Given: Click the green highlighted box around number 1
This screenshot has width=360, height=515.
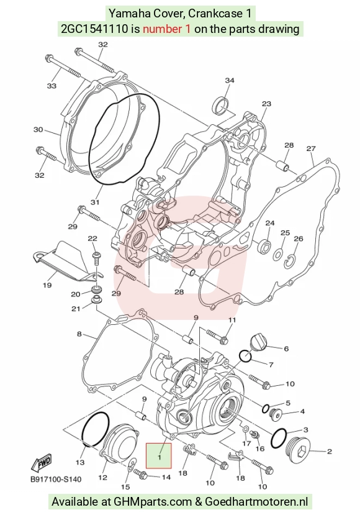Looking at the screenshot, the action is [159, 455].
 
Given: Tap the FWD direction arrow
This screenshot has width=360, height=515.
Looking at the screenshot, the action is [41, 463].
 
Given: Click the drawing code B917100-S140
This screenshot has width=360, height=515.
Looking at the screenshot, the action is [56, 480].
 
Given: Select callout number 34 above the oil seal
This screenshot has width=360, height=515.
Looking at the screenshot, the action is [230, 81].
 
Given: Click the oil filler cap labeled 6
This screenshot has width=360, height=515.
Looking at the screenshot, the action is [259, 344].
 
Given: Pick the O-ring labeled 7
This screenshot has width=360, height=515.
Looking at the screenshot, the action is [245, 356].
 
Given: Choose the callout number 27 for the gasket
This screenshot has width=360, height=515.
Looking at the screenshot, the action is [311, 148].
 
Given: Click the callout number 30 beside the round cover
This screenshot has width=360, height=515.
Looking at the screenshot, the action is [38, 130].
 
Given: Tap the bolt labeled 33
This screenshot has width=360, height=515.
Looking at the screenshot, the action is [63, 67].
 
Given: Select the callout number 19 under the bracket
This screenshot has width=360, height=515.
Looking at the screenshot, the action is [47, 285].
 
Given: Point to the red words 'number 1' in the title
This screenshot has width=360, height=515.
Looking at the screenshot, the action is [166, 29].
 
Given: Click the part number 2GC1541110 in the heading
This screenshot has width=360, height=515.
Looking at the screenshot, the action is [94, 29].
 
